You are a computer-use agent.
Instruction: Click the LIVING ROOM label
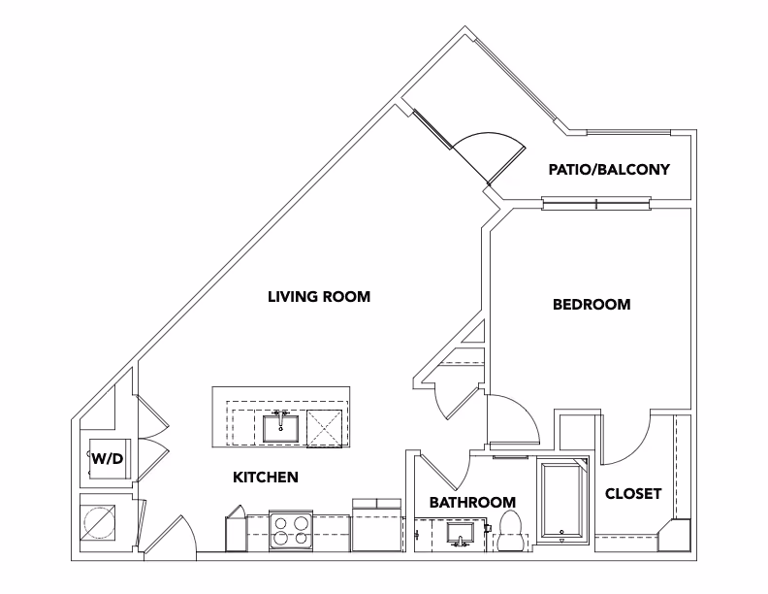(x=319, y=297)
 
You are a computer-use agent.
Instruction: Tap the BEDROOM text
(x=591, y=305)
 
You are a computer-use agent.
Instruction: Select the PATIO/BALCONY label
(x=608, y=170)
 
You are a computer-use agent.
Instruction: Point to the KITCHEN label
(x=265, y=478)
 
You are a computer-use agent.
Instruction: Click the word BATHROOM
(x=472, y=502)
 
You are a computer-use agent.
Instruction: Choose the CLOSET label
(x=632, y=494)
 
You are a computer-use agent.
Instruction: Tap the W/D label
(x=107, y=458)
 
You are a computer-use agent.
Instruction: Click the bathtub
(x=563, y=500)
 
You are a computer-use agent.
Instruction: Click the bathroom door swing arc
(x=451, y=474)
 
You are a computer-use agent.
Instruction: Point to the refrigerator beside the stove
(x=375, y=525)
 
